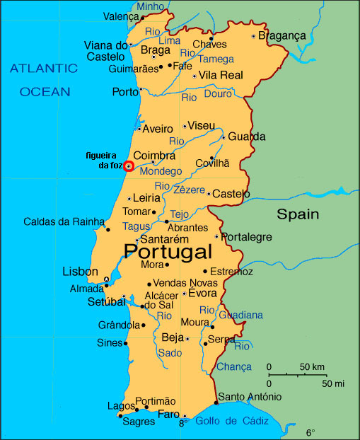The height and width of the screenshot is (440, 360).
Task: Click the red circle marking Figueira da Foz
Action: click(x=128, y=166)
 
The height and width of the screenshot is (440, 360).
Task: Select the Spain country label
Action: click(x=297, y=214)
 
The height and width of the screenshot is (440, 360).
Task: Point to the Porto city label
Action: click(x=125, y=91)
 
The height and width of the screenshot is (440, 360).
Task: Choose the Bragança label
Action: click(x=281, y=35)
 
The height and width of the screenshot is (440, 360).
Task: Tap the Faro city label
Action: click(x=168, y=414)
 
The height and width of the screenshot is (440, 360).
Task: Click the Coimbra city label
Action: click(x=154, y=156)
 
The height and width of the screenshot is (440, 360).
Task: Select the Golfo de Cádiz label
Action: click(x=233, y=421)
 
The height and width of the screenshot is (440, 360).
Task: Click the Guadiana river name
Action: click(x=240, y=315)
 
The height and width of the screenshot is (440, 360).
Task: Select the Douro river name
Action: click(x=218, y=94)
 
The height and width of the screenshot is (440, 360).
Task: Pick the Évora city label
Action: click(x=203, y=294)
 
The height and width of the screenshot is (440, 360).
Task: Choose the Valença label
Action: click(x=121, y=16)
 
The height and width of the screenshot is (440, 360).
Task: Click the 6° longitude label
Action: click(x=310, y=432)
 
